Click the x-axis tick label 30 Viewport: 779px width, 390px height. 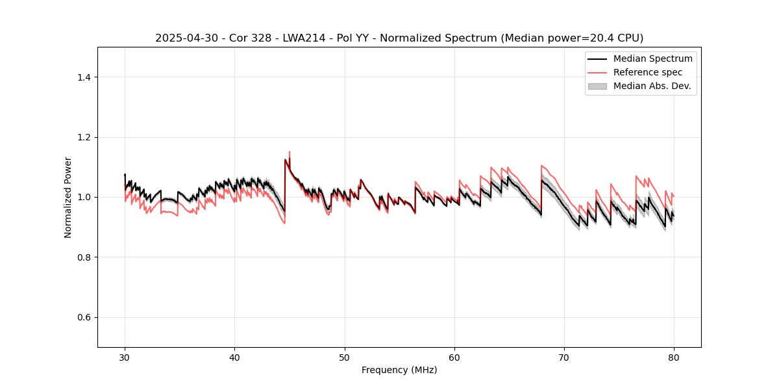pyautogui.click(x=125, y=357)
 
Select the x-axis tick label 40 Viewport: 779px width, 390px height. pyautogui.click(x=234, y=357)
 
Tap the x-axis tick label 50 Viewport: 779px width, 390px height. pyautogui.click(x=345, y=357)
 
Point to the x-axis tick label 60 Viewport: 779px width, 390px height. pyautogui.click(x=454, y=357)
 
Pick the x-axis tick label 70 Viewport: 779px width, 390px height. pyautogui.click(x=564, y=357)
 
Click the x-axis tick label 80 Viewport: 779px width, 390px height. pyautogui.click(x=674, y=357)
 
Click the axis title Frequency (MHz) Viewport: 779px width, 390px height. pyautogui.click(x=399, y=370)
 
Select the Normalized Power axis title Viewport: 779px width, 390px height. pyautogui.click(x=68, y=197)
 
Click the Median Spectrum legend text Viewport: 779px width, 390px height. pyautogui.click(x=652, y=58)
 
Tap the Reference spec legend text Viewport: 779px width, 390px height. pyautogui.click(x=648, y=72)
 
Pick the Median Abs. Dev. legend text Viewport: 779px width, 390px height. pyautogui.click(x=652, y=86)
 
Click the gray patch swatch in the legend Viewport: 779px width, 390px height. pyautogui.click(x=597, y=86)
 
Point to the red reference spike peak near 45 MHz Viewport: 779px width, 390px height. pyautogui.click(x=290, y=151)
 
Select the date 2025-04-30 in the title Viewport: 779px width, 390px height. pyautogui.click(x=186, y=38)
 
